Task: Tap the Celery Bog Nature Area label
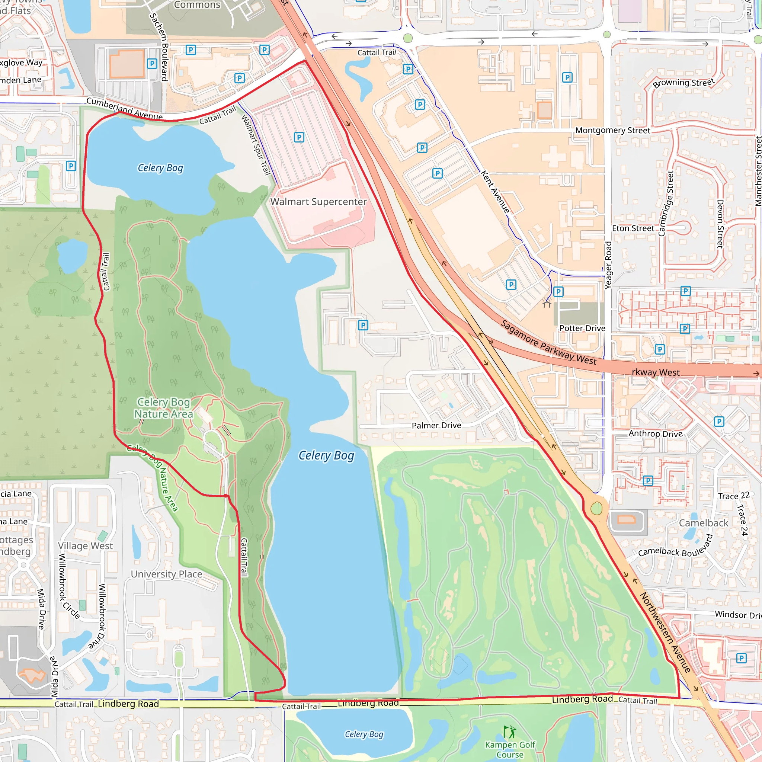click(x=164, y=408)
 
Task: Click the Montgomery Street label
click(x=612, y=130)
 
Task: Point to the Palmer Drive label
click(x=436, y=425)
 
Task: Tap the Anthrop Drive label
click(x=655, y=433)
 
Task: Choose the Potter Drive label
click(x=582, y=328)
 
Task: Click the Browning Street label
click(x=683, y=83)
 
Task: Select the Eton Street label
click(x=633, y=228)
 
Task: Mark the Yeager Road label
click(x=608, y=265)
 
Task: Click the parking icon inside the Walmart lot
click(x=299, y=137)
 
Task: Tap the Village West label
click(x=85, y=545)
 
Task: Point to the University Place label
click(x=166, y=574)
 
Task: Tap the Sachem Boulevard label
click(x=159, y=47)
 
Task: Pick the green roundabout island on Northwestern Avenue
click(x=596, y=508)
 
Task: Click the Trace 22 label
click(x=734, y=496)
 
